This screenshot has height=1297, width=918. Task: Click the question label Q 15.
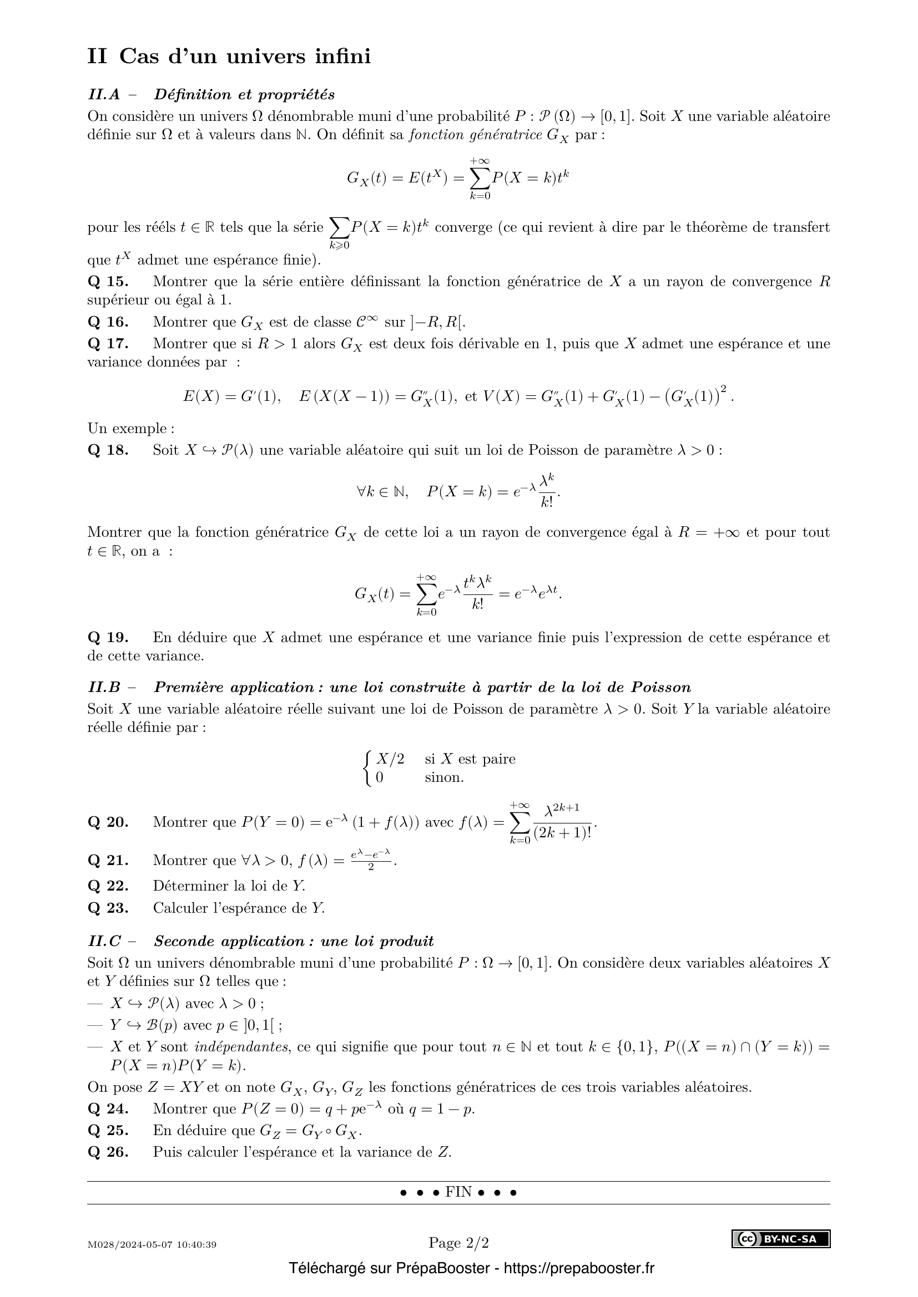(108, 281)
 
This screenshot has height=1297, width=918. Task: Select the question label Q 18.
(108, 450)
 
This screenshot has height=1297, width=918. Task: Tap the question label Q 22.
(108, 886)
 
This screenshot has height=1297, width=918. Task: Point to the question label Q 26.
(108, 1152)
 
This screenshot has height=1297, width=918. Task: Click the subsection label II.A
(104, 94)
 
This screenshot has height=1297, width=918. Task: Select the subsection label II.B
(104, 688)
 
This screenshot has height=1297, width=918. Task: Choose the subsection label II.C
(104, 941)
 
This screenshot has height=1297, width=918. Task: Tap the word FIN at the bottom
(458, 1192)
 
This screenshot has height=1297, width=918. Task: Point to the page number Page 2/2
(458, 1242)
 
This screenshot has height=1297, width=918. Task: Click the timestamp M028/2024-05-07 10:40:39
(152, 1244)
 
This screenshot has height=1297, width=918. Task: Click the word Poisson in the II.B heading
(660, 688)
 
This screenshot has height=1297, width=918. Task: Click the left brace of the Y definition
(368, 767)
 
